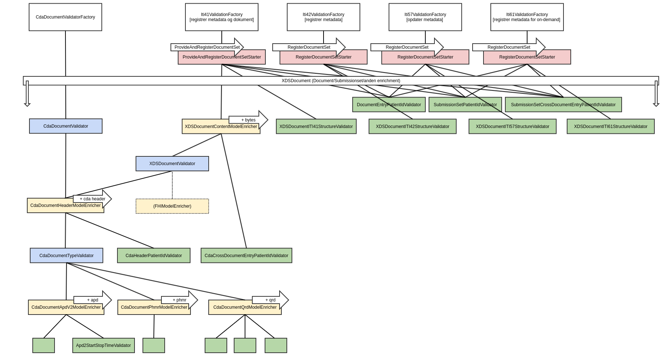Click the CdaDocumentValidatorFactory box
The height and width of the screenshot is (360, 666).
pyautogui.click(x=65, y=17)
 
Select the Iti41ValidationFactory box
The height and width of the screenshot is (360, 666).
pyautogui.click(x=222, y=17)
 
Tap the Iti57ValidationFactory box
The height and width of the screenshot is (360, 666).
pyautogui.click(x=425, y=17)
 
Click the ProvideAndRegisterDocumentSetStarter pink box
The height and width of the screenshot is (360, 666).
pyautogui.click(x=222, y=59)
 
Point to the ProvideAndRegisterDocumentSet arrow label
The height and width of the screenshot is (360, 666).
pyautogui.click(x=207, y=47)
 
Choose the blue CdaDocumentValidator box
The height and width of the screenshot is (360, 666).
pyautogui.click(x=66, y=126)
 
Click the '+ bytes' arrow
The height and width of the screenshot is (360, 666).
pyautogui.click(x=249, y=120)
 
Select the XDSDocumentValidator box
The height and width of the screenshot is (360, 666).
pyautogui.click(x=172, y=164)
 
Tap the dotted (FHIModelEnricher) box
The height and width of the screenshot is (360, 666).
pyautogui.click(x=172, y=206)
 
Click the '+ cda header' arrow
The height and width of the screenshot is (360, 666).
pyautogui.click(x=93, y=199)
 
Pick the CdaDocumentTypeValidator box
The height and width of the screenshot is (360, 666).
pyautogui.click(x=67, y=256)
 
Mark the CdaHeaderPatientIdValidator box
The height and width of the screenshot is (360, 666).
pyautogui.click(x=154, y=256)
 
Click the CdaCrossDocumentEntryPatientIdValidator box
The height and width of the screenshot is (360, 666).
pyautogui.click(x=246, y=256)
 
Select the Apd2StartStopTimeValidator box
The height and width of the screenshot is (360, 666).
pyautogui.click(x=104, y=345)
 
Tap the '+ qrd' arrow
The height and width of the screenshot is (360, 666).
pyautogui.click(x=270, y=300)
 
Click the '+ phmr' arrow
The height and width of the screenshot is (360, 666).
pyautogui.click(x=180, y=300)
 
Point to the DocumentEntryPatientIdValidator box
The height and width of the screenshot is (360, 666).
pyautogui.click(x=389, y=105)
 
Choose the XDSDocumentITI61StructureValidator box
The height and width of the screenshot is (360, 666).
pyautogui.click(x=611, y=127)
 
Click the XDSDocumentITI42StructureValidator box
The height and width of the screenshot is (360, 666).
pyautogui.click(x=413, y=127)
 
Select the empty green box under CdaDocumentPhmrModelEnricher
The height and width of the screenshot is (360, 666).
pyautogui.click(x=154, y=345)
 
